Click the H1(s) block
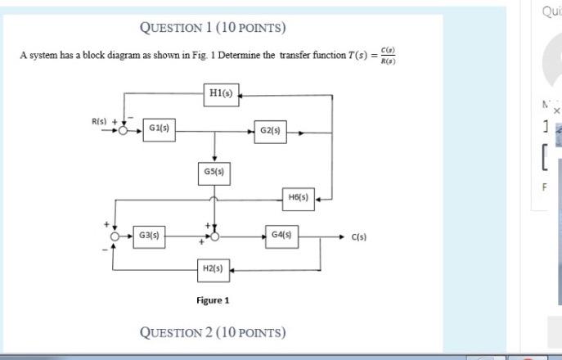(220, 93)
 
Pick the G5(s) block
(214, 173)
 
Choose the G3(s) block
(149, 236)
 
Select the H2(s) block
(214, 268)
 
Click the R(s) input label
(99, 121)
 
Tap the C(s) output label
(359, 237)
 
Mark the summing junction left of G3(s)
(116, 236)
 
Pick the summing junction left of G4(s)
(214, 236)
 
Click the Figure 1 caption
(213, 300)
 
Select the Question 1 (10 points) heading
(213, 27)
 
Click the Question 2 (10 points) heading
(213, 332)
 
